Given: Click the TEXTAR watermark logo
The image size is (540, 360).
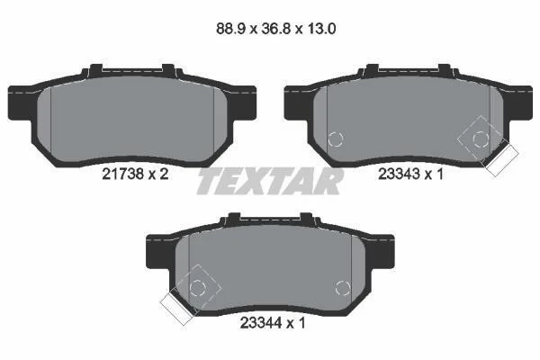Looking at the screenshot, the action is (x=270, y=182).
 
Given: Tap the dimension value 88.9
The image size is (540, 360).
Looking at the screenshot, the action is (x=230, y=29).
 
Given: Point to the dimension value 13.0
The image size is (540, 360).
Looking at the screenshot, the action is (x=321, y=29).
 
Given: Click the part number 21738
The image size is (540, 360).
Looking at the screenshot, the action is (x=122, y=174).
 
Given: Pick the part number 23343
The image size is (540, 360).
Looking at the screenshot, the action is (x=399, y=174).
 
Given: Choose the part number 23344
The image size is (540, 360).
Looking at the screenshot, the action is (x=261, y=323).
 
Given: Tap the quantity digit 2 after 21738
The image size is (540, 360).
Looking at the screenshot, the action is (x=164, y=174).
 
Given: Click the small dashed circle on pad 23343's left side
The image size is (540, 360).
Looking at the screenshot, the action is (x=336, y=139).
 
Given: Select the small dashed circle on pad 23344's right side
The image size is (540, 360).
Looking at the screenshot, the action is (x=343, y=288).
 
